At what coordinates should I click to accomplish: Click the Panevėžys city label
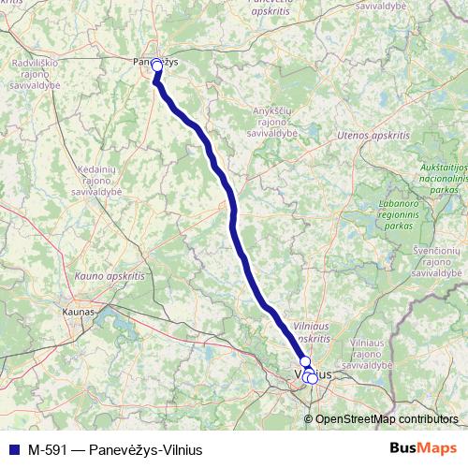[x=156, y=62]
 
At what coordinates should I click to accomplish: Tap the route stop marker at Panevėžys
[x=157, y=67]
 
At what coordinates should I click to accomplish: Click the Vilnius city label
[x=313, y=374]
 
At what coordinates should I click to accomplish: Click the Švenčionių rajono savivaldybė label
[x=436, y=262]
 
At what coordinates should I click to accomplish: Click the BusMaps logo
[x=421, y=448]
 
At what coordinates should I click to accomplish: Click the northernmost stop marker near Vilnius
[x=304, y=361]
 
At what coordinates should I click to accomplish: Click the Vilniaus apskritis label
[x=312, y=328]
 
